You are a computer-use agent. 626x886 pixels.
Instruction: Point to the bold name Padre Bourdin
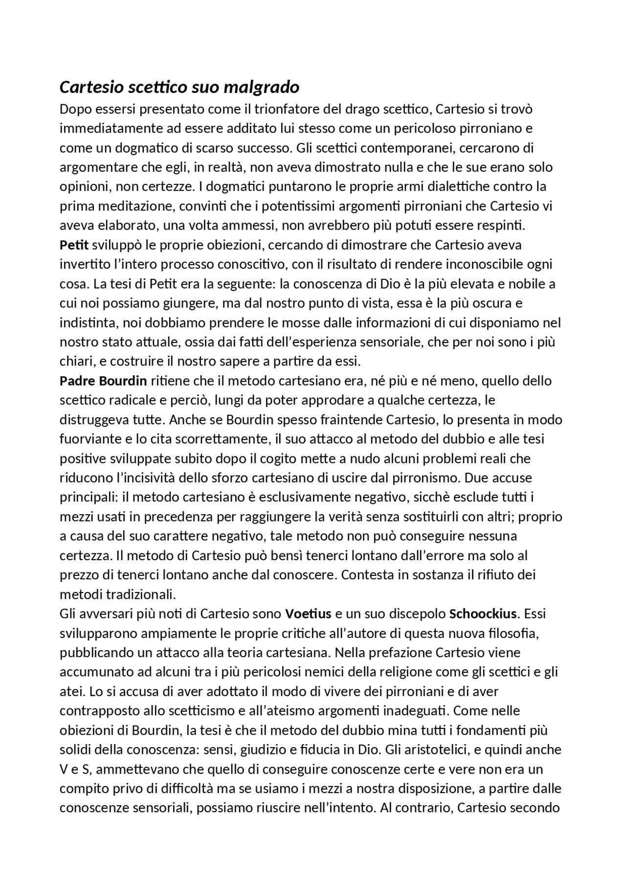tap(103, 381)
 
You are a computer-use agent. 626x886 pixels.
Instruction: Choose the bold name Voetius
tap(308, 613)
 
